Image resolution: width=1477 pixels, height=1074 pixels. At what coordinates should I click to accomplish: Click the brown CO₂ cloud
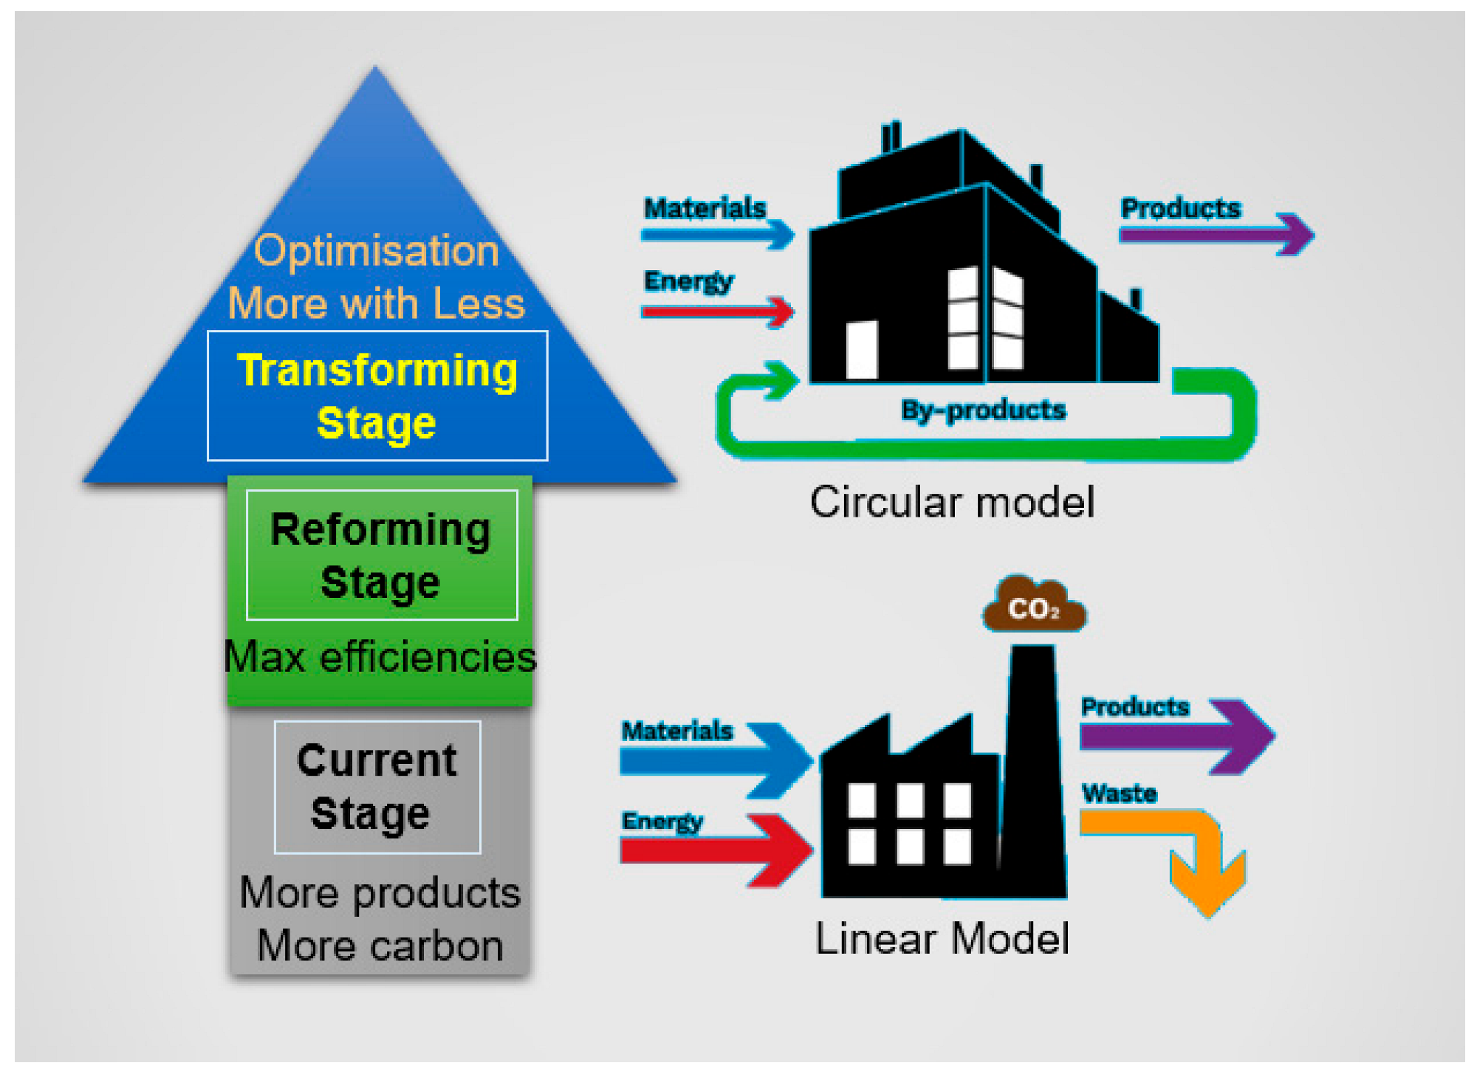[x=1034, y=607]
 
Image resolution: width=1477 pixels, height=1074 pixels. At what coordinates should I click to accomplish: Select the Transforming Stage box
[x=377, y=396]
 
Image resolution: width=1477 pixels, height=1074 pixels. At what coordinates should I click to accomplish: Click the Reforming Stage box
[x=381, y=555]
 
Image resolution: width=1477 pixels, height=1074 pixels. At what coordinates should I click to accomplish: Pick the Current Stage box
[x=377, y=787]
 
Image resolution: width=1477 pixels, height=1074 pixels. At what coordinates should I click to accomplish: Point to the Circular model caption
[x=951, y=503]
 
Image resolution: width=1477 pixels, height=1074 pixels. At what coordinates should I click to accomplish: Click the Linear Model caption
[x=942, y=939]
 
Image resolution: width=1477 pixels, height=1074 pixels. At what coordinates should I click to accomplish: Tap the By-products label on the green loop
[x=983, y=410]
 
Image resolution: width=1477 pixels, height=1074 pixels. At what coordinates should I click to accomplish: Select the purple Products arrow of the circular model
[x=1219, y=235]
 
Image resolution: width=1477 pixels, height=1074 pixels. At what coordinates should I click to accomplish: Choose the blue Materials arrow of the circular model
[x=716, y=235]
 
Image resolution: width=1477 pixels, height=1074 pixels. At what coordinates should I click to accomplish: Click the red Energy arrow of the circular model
[x=716, y=311]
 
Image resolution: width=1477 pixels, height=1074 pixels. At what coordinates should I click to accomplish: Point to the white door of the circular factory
[x=861, y=349]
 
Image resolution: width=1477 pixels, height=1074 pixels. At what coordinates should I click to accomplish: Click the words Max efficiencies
[x=380, y=657]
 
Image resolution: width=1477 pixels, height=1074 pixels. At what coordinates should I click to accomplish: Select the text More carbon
[x=380, y=946]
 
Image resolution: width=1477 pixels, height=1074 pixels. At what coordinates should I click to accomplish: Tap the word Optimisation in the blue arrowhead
[x=377, y=251]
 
